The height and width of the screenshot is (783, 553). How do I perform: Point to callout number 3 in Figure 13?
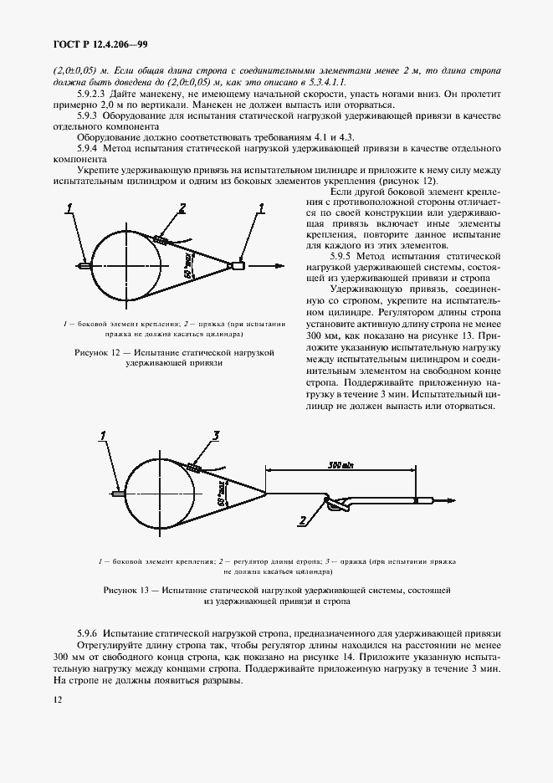click(x=215, y=435)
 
